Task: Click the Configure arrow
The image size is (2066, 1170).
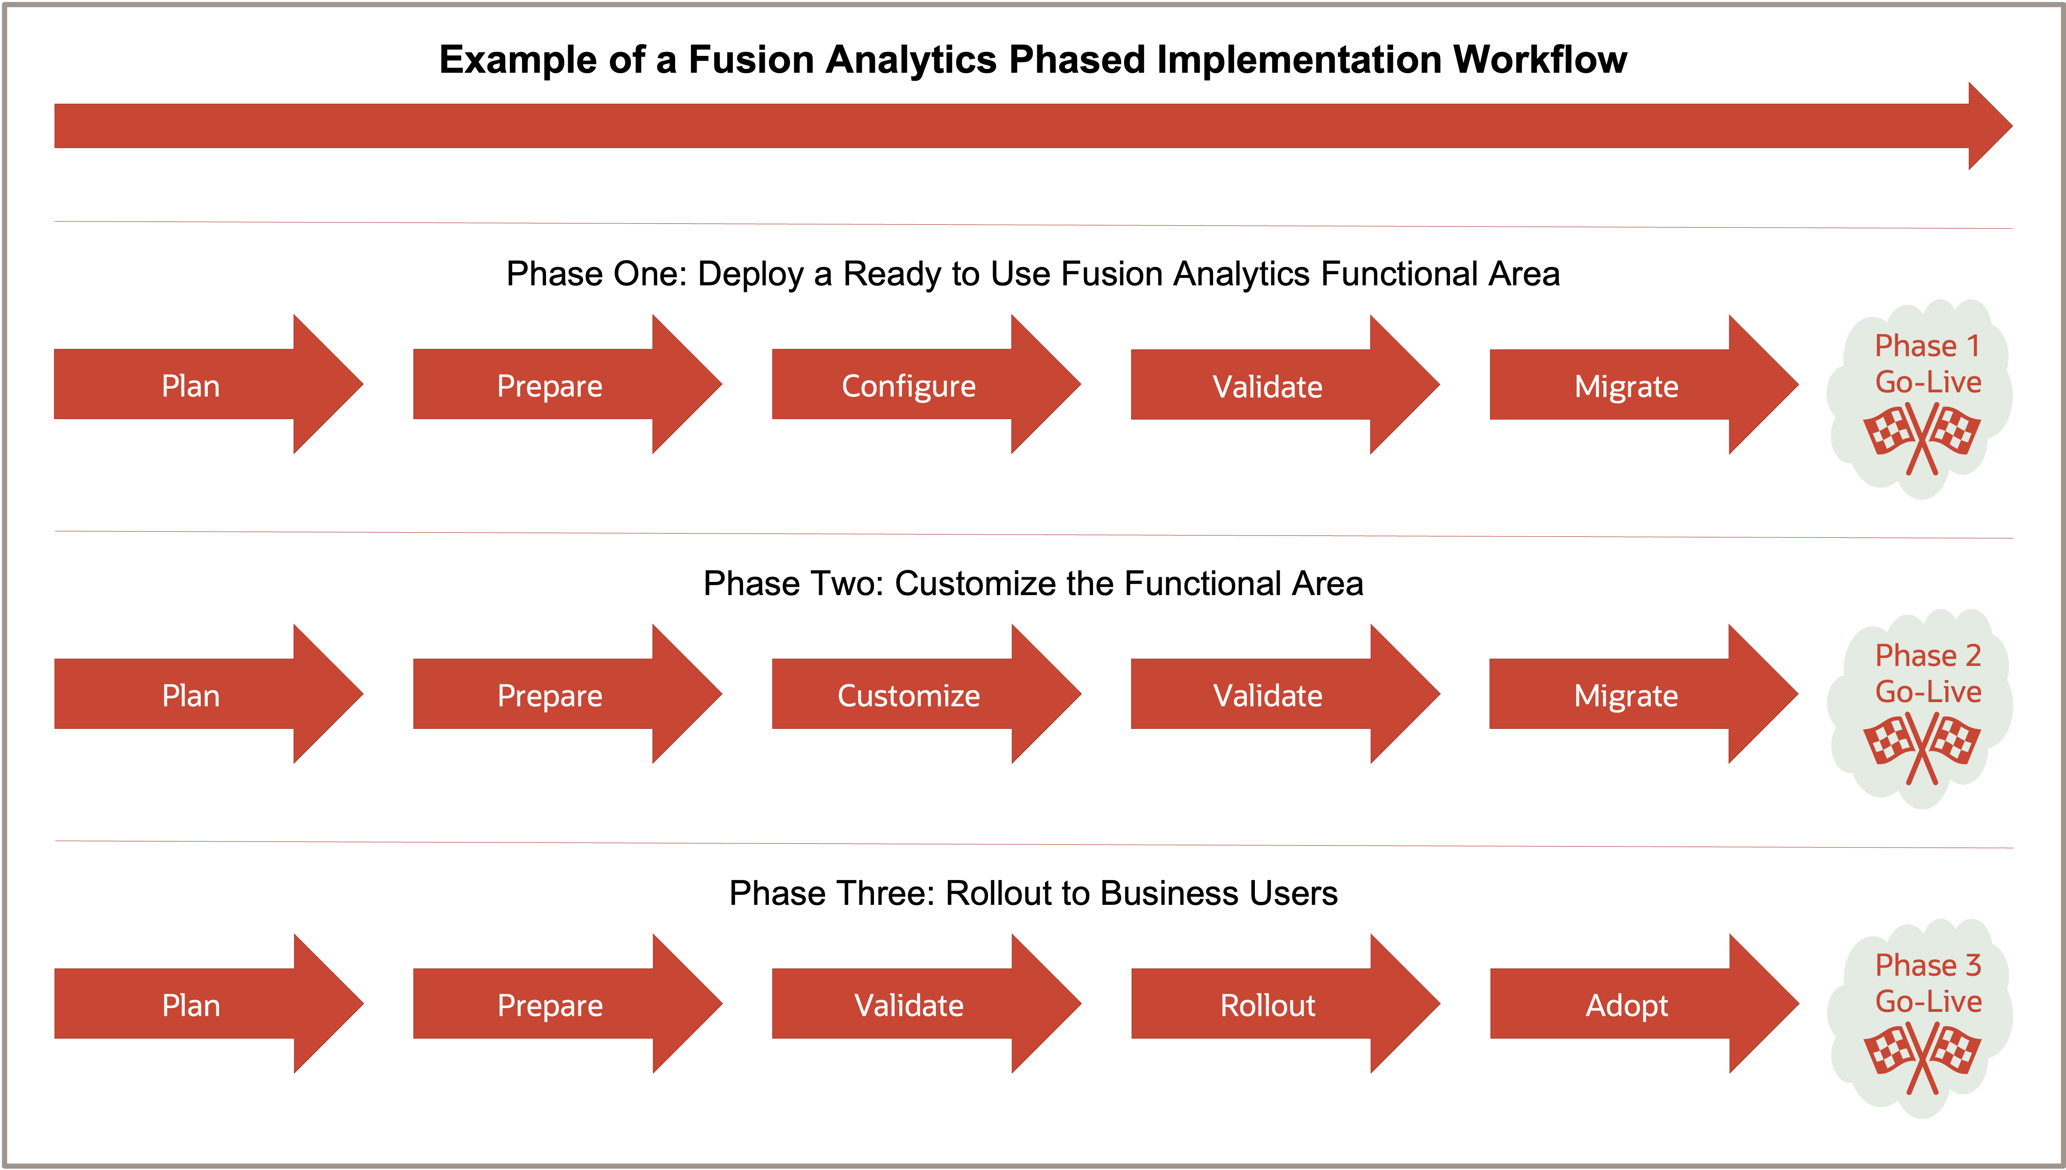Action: (x=909, y=386)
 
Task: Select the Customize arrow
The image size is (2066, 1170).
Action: (x=909, y=695)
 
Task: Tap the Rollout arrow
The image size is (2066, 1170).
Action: (x=1268, y=1004)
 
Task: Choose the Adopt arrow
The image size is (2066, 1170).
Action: (x=1626, y=1004)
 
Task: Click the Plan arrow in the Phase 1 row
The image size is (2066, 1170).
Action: (x=190, y=386)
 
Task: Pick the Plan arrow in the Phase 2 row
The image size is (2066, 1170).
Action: (x=190, y=695)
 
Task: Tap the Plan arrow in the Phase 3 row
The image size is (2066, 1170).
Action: (x=190, y=1004)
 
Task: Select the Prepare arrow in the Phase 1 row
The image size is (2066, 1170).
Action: (x=549, y=386)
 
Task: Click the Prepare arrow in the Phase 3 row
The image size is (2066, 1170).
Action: (x=549, y=1004)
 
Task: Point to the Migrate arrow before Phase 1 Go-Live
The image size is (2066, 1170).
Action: (x=1626, y=386)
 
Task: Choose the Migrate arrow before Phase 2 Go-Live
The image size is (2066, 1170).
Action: (x=1626, y=695)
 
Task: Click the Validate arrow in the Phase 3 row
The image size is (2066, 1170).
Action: (x=909, y=1004)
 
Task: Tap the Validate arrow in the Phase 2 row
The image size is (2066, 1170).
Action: (x=1268, y=695)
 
